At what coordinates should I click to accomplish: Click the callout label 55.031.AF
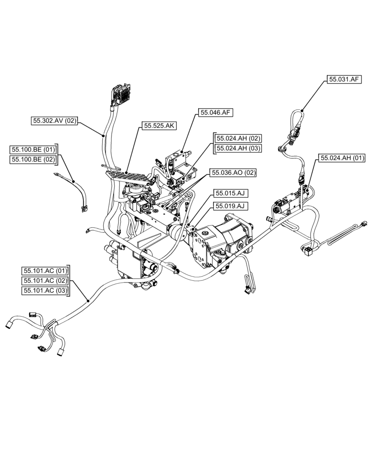pos(344,80)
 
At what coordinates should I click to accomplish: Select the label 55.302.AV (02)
pos(54,121)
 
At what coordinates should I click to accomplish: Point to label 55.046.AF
pos(215,112)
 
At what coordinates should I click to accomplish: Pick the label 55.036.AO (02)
pos(233,173)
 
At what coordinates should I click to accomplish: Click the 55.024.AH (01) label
pos(342,158)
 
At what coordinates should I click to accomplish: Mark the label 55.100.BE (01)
pos(33,150)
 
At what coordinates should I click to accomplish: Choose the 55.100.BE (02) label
pos(33,160)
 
